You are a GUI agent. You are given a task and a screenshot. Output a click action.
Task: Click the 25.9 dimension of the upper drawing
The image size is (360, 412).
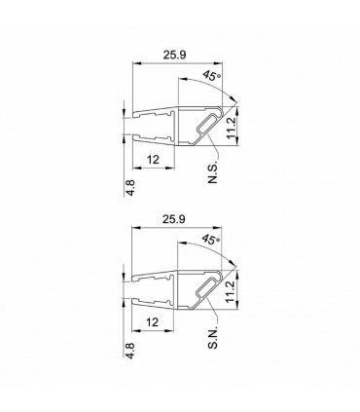point(174,55)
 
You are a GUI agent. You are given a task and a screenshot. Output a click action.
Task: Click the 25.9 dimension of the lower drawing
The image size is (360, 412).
point(174,219)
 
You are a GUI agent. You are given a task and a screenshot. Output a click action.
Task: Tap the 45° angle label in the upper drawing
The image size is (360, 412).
point(211,76)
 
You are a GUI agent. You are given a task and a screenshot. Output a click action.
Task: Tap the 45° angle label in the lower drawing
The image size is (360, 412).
point(210,240)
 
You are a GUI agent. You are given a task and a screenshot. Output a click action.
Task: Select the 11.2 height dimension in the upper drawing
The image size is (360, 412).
point(231,129)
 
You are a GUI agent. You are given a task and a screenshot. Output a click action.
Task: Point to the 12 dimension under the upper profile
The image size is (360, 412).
point(154,160)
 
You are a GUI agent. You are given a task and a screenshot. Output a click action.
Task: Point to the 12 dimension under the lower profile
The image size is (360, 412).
point(153,322)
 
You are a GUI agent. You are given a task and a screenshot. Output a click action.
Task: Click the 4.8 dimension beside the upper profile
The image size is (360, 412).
point(130,188)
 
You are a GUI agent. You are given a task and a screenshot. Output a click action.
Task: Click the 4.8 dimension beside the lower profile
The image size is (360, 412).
point(130,351)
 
